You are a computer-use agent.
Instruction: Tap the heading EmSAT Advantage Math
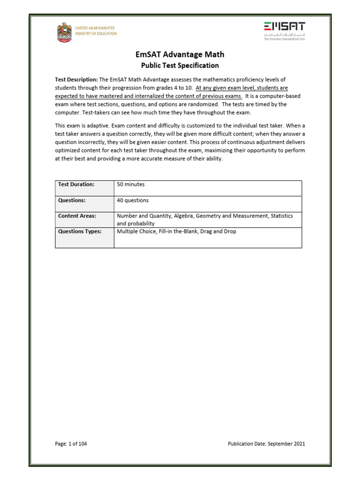(x=180, y=55)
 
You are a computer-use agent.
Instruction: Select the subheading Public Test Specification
(x=180, y=66)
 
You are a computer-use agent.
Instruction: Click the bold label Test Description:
(x=76, y=80)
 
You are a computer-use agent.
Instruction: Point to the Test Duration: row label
(x=76, y=185)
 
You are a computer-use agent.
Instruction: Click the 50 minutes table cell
(x=131, y=185)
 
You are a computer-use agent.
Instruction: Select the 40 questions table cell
(x=133, y=200)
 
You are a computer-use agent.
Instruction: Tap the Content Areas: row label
(x=77, y=216)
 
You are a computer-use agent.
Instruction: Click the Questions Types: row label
(x=80, y=231)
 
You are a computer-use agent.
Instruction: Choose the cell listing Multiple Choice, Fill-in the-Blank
(x=159, y=231)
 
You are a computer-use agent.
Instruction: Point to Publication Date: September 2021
(x=266, y=444)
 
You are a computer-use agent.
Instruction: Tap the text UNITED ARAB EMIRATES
(x=96, y=28)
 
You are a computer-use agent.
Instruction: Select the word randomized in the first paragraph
(x=236, y=96)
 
